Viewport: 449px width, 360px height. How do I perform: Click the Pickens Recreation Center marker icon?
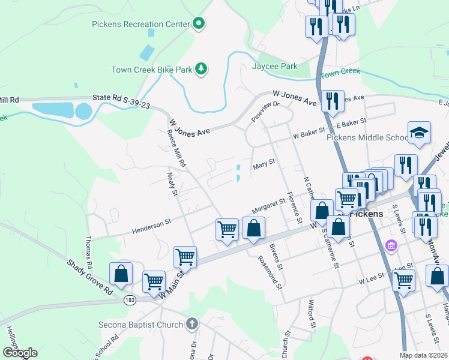tap(199, 24)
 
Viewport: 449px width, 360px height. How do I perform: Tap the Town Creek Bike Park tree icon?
tap(201, 70)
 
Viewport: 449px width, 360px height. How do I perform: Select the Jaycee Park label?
tap(275, 66)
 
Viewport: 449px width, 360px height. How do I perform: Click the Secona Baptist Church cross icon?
tap(191, 325)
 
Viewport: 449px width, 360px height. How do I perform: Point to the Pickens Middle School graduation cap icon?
tap(419, 133)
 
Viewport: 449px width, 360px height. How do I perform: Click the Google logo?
tap(20, 352)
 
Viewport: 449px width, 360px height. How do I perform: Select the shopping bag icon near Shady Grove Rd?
tap(121, 273)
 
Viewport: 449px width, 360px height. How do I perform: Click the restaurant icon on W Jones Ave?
tap(332, 100)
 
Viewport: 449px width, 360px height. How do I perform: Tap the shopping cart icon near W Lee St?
tap(403, 279)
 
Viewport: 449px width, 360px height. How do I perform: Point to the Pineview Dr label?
tap(266, 112)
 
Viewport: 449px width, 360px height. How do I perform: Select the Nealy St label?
tap(172, 184)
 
